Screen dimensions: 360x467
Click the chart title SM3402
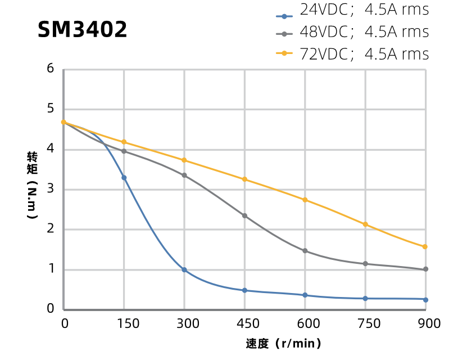tap(82, 30)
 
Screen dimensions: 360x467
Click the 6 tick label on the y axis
tap(51, 69)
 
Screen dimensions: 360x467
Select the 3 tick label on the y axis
tap(51, 188)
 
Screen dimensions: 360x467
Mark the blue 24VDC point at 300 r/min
tap(184, 270)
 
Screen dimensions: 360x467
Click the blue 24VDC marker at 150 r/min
tap(124, 178)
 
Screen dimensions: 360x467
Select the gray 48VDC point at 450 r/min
tap(244, 215)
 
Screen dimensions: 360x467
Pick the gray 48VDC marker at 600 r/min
tap(305, 251)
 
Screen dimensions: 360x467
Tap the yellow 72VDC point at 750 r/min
tap(365, 224)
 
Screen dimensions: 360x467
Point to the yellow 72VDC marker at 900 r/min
tap(425, 247)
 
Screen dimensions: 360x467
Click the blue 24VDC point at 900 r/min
tap(425, 300)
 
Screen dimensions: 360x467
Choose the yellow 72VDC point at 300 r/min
tap(184, 160)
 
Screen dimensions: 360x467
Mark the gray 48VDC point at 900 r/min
tap(425, 269)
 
